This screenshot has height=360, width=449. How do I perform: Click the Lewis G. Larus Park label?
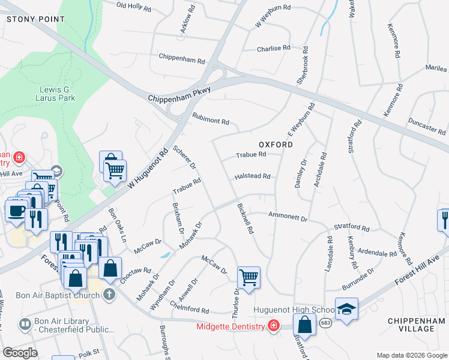[54, 94]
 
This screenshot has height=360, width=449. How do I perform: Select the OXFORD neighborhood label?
[276, 145]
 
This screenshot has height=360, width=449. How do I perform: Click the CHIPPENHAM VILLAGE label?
[416, 326]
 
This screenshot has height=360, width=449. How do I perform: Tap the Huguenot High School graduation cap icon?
[346, 308]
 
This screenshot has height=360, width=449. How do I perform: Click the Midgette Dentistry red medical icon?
[273, 326]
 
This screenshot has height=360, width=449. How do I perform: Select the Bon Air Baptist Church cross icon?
[108, 295]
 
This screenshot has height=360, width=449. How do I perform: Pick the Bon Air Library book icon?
[25, 325]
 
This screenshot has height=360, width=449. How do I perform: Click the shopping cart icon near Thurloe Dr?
[249, 277]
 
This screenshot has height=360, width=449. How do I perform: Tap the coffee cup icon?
[15, 211]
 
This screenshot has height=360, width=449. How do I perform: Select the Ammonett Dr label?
[288, 215]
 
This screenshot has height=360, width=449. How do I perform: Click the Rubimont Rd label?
[211, 119]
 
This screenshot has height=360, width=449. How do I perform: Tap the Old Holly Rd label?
[133, 7]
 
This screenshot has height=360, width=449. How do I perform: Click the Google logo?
[20, 353]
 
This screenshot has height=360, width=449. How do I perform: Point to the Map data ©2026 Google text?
[411, 355]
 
